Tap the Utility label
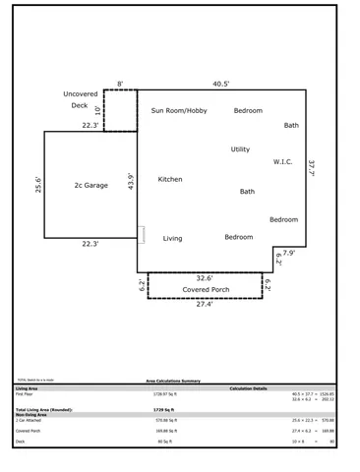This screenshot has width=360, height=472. pos(240,149)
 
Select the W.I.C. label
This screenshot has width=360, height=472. pos(284,162)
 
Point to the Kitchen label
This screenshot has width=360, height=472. pos(170,180)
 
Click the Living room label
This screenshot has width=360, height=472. pos(172,238)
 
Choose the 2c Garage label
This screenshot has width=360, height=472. pos(90,185)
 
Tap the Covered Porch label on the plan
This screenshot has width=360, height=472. pos(207,291)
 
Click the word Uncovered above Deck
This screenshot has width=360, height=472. pos(81,93)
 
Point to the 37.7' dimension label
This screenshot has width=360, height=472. pos(312,169)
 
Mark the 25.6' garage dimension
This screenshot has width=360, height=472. pos(37,186)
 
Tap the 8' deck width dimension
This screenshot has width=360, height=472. pos(120,84)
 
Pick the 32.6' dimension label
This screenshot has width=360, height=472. pos(205,277)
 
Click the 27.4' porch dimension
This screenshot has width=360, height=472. pos(205,304)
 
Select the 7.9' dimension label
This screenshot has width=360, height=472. pos(288,252)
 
